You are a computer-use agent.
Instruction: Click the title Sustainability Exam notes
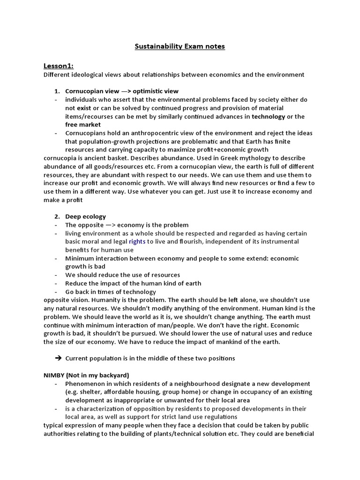click(180, 46)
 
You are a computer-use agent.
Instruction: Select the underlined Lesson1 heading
click(59, 66)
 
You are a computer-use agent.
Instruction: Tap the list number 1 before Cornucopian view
click(57, 91)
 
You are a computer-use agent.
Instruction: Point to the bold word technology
click(268, 116)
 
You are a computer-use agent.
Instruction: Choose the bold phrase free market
click(83, 125)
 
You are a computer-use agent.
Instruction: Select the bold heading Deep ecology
click(85, 217)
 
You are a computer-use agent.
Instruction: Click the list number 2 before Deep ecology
click(57, 217)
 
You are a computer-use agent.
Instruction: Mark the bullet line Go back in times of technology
click(111, 292)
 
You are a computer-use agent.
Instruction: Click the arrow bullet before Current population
click(58, 358)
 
